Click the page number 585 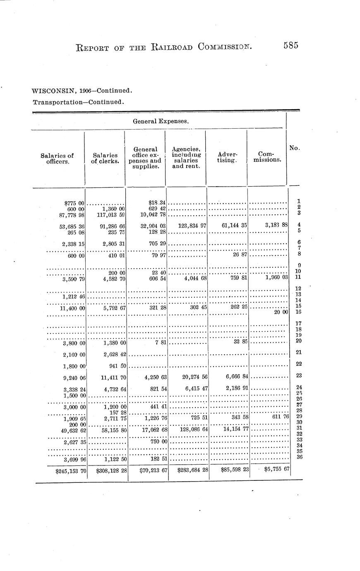291,46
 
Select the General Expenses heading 161,121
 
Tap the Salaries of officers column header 57,159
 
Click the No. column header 294,148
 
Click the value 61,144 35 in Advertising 231,226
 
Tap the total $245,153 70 70,470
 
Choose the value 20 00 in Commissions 281,312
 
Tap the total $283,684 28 192,470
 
